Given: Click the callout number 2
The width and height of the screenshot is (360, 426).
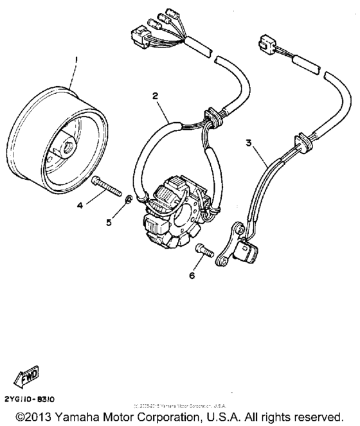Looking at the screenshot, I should pos(155,95).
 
